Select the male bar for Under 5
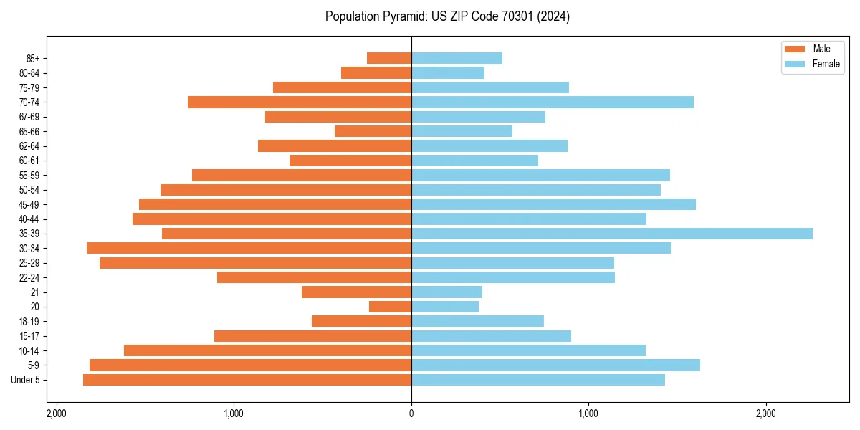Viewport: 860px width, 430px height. (247, 380)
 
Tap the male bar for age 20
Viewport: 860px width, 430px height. (390, 307)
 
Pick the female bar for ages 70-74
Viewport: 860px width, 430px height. (552, 102)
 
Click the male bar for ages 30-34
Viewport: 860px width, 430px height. (249, 248)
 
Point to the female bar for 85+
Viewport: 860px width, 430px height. (457, 58)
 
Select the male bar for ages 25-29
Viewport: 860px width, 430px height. (255, 263)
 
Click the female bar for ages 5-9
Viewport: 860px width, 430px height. (555, 365)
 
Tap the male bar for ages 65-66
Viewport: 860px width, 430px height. (373, 131)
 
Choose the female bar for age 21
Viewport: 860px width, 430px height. (446, 292)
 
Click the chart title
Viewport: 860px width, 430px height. (447, 16)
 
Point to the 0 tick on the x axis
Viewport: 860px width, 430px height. (411, 414)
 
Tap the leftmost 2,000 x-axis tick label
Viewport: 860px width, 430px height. (57, 414)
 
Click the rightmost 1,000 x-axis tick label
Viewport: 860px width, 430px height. (588, 414)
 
